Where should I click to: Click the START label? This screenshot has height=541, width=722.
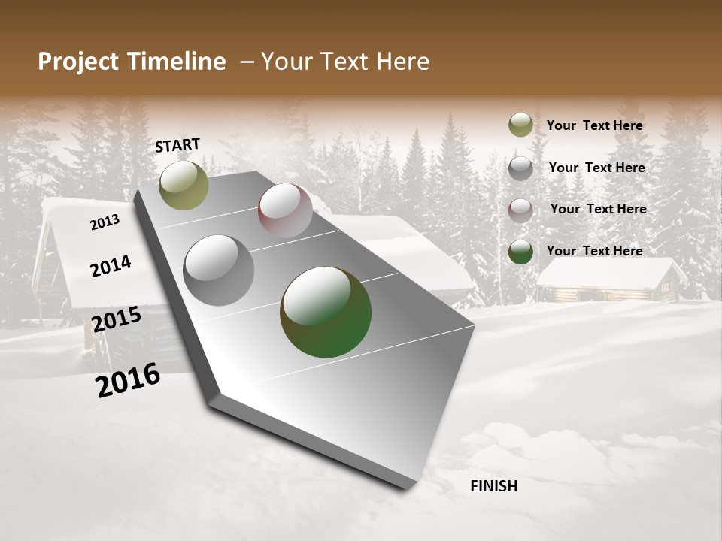pos(177,145)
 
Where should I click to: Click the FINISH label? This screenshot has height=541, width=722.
pos(493,486)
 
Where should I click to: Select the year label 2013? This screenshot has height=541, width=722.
pos(105,222)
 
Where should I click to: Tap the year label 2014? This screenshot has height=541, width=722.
pos(111,266)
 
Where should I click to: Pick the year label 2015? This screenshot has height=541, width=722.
pos(116,319)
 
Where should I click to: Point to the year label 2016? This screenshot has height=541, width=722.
pos(128,379)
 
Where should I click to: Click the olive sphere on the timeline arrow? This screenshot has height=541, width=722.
pos(184,185)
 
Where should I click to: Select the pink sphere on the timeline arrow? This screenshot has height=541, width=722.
pos(285,210)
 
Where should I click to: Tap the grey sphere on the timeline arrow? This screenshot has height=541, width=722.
pos(218,270)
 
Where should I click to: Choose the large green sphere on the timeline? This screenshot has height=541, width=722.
pos(326,312)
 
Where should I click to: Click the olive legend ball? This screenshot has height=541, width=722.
pos(520,125)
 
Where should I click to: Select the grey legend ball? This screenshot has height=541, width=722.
pos(520,168)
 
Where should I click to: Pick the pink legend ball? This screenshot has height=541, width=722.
pos(520,210)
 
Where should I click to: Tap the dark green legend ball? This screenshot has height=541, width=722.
pos(520,252)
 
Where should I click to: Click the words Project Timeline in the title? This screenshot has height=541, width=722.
pos(132,62)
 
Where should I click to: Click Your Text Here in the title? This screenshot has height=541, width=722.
pos(344,62)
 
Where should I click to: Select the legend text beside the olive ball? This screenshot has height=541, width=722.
pos(594,125)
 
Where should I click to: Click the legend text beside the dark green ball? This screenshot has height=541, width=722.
pos(594,251)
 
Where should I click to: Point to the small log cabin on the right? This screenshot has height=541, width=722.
pos(609,281)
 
